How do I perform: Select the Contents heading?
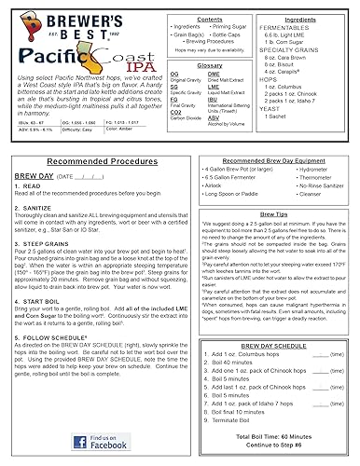184,19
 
